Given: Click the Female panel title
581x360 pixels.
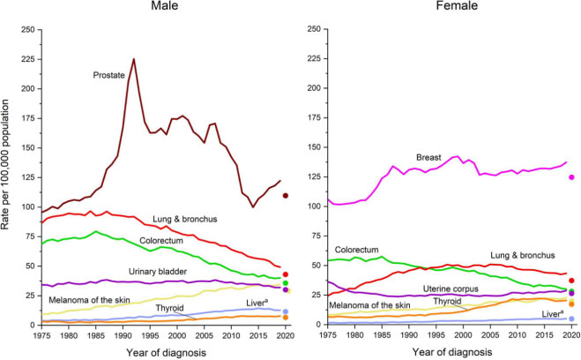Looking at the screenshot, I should (x=450, y=8).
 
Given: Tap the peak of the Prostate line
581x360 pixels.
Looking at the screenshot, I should (x=134, y=59).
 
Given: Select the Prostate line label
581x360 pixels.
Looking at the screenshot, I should (x=109, y=76).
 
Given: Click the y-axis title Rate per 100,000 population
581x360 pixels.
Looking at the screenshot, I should (x=8, y=177).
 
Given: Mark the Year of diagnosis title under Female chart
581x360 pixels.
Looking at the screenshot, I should (x=450, y=352).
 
